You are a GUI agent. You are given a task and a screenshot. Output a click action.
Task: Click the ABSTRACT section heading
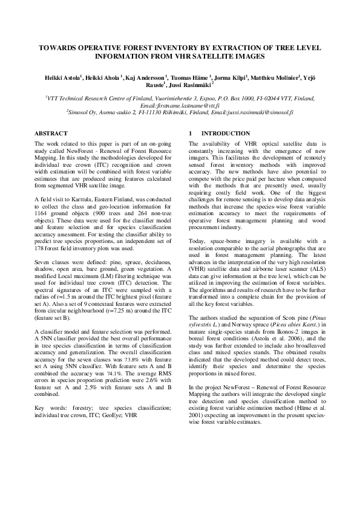51,133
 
